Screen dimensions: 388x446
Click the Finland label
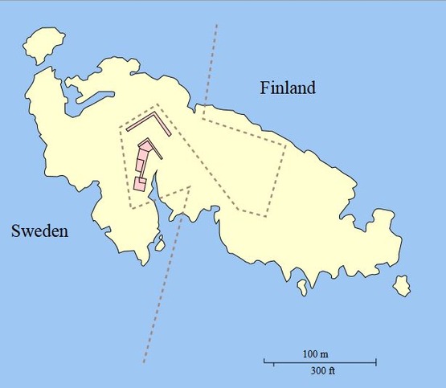point(288,88)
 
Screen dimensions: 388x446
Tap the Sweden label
point(39,231)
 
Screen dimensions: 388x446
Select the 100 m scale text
point(316,354)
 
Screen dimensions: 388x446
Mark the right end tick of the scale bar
point(376,362)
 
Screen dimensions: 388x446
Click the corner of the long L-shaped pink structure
point(158,118)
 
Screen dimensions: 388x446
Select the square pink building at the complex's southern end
point(140,184)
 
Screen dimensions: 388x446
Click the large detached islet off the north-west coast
point(46,47)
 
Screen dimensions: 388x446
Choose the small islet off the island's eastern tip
point(402,284)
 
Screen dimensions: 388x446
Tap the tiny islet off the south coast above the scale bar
point(302,285)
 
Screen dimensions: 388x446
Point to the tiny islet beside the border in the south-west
point(159,243)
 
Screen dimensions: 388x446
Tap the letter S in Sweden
point(16,231)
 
